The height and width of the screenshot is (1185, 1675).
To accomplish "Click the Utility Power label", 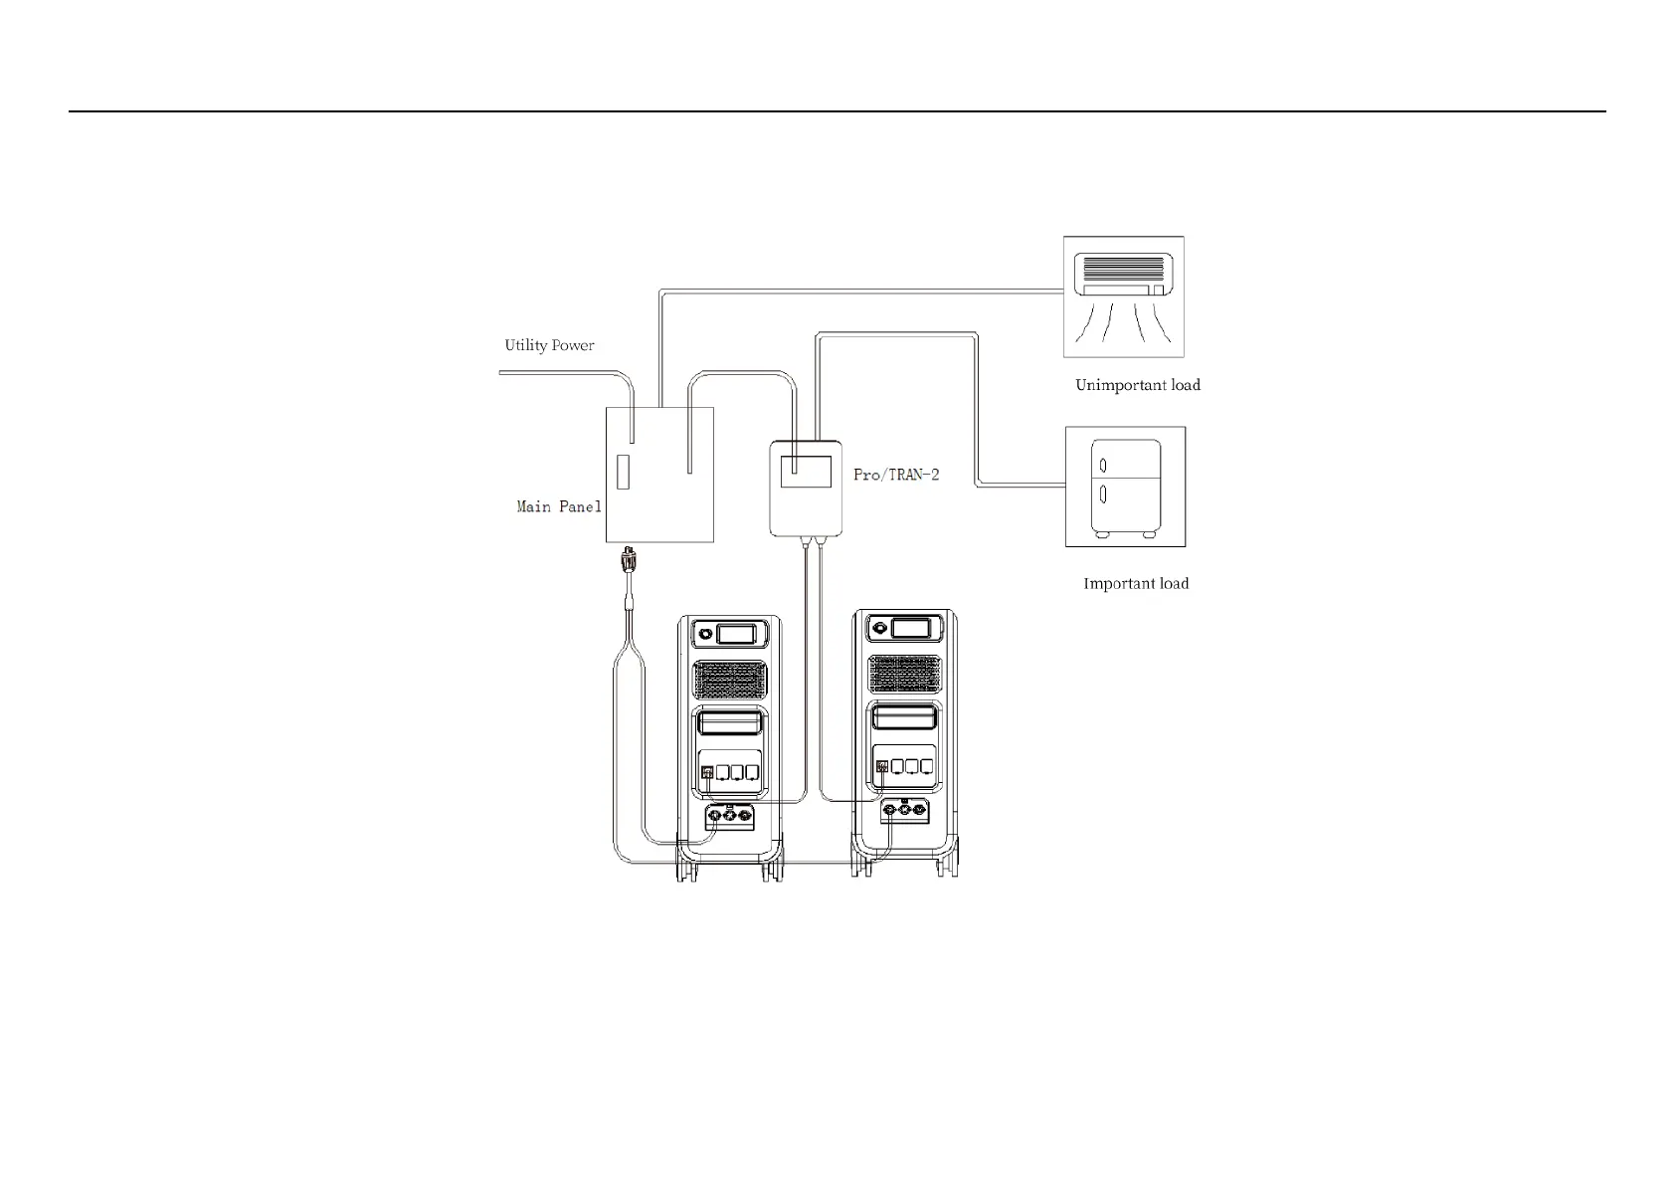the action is (549, 346).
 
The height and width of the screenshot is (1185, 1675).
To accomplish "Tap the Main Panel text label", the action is (558, 507).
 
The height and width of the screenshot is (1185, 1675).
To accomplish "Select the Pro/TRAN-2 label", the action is (895, 475).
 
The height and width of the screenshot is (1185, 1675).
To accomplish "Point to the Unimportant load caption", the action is (1137, 385).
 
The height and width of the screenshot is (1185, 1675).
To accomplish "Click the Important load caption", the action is (1135, 584).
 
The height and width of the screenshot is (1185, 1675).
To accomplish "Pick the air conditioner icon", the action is (1123, 296).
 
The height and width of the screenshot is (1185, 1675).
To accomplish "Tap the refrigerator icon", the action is (1125, 487).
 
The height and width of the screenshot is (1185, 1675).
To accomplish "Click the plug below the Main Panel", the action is (628, 561).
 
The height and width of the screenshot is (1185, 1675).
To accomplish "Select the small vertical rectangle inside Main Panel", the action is (623, 472).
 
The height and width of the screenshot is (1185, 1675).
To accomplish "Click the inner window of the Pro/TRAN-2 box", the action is (806, 471).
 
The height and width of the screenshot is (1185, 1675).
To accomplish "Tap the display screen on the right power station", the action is (911, 627).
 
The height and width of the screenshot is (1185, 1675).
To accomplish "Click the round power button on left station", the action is (705, 633).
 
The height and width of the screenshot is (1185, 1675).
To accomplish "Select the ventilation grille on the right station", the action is (904, 674).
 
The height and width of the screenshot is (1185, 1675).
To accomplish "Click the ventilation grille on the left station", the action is (730, 680).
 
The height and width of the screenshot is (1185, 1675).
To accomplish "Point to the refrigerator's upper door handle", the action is (1103, 465).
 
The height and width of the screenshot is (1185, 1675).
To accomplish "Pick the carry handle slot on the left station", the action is (730, 722).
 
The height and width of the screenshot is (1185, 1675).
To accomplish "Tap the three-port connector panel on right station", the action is (904, 811).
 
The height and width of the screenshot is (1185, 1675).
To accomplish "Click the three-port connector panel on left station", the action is (729, 817).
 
